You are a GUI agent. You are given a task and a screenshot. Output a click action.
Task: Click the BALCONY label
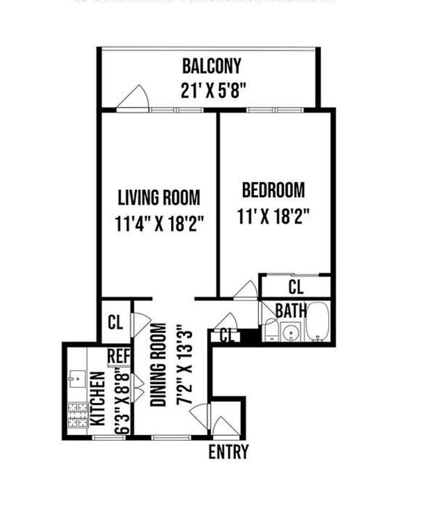211,66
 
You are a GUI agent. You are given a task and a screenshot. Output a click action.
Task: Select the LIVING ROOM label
159,197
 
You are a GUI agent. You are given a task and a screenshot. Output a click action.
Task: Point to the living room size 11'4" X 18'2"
159,223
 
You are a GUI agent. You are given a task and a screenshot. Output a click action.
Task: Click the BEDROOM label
273,190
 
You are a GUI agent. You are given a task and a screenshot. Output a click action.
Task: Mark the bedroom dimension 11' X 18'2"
273,216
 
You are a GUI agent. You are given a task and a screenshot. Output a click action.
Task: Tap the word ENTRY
228,452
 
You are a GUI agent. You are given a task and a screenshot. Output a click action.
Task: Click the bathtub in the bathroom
317,322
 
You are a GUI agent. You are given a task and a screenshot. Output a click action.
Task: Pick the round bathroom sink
291,332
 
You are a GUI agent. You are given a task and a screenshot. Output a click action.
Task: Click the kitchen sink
77,379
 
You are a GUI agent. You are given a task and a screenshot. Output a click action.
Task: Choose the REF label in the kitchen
119,356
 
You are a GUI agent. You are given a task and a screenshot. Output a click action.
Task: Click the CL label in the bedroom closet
296,287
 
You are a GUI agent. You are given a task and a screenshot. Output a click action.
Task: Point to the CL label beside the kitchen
115,322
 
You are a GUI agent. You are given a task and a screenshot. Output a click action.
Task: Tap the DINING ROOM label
158,365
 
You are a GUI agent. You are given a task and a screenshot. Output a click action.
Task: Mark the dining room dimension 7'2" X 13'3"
184,365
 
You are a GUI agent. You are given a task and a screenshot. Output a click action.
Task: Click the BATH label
291,311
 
